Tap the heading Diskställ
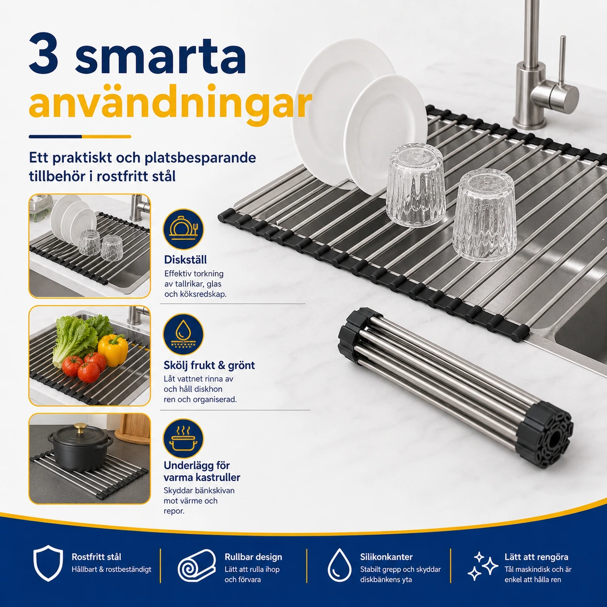185,260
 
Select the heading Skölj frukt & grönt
209,365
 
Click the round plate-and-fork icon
183,229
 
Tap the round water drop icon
183,334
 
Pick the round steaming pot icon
183,439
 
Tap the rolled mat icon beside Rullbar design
197,566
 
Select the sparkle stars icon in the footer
483,566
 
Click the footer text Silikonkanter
386,557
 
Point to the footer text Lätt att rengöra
536,557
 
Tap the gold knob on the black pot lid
79,428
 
